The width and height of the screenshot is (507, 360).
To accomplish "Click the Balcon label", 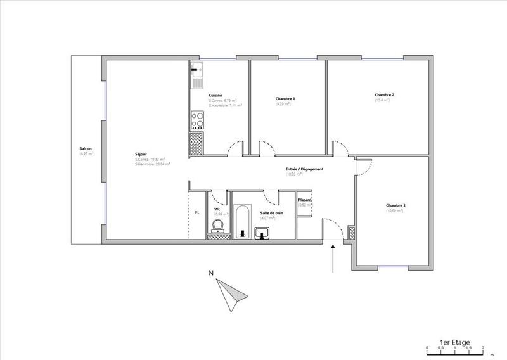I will [86, 150].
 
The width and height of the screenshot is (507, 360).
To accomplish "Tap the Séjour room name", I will [141, 154].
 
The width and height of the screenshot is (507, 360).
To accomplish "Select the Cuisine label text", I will [215, 95].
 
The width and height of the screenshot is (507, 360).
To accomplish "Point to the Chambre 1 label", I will [285, 98].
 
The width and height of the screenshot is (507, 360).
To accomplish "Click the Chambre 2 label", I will [385, 95].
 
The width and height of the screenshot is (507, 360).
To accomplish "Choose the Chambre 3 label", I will [396, 205].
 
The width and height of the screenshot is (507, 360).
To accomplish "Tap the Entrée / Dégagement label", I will [304, 169].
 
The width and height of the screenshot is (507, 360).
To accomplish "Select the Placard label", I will [305, 200].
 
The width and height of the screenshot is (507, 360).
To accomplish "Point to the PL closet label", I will [197, 213].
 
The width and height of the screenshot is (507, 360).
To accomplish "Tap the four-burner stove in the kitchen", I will [197, 119].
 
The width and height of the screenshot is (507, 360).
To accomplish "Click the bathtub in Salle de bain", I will [241, 221].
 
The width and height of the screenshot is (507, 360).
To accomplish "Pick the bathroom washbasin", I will [262, 233].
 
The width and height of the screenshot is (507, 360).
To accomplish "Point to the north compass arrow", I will [229, 292].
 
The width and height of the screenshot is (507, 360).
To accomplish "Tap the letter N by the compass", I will [210, 274].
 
